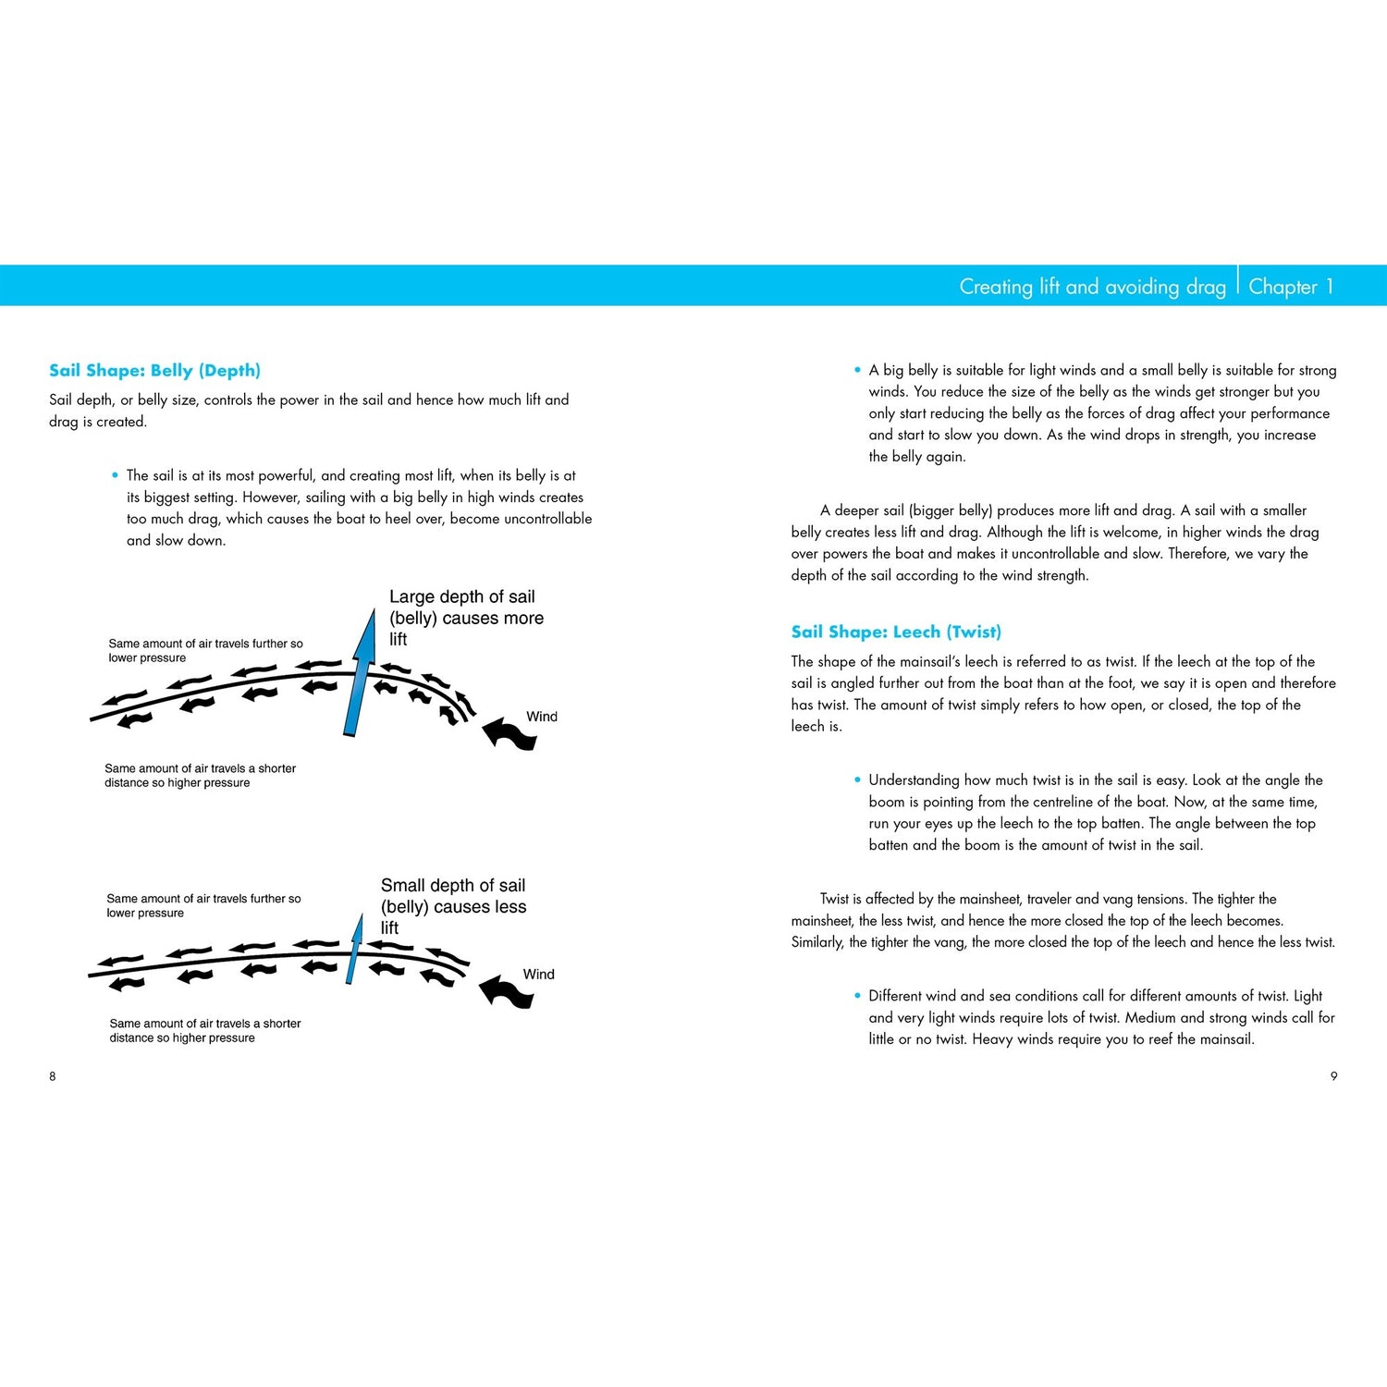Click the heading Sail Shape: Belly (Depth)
[x=154, y=371]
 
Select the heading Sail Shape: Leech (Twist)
[x=896, y=632]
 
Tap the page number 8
[x=53, y=1076]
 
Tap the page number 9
[x=1333, y=1076]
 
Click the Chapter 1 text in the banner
[x=1291, y=287]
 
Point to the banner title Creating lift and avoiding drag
[x=1092, y=287]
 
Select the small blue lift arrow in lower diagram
[x=354, y=949]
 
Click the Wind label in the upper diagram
[x=542, y=717]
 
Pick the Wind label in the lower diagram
[x=538, y=975]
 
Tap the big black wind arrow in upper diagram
[x=509, y=733]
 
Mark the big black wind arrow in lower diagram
[x=507, y=991]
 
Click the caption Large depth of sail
[x=461, y=597]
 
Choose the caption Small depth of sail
[x=453, y=886]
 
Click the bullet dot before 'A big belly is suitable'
[x=857, y=370]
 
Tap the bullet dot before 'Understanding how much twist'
[x=857, y=780]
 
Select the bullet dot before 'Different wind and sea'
[x=857, y=996]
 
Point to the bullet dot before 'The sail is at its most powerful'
[x=116, y=475]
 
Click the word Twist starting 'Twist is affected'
[x=834, y=899]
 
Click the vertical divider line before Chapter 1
[x=1238, y=285]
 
